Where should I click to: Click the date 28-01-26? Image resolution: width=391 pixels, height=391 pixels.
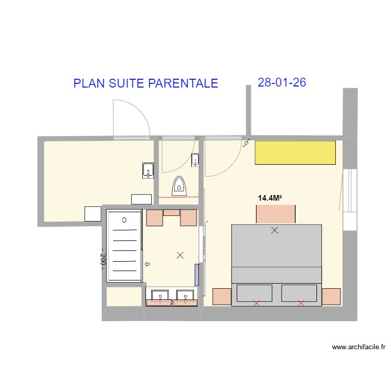(282, 82)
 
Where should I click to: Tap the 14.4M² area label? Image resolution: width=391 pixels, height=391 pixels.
(270, 198)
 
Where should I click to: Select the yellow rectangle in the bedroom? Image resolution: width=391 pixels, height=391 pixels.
(295, 153)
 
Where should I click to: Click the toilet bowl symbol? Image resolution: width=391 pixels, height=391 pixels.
(180, 186)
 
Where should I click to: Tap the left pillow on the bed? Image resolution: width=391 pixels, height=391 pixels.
(255, 293)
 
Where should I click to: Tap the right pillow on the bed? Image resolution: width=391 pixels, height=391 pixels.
(299, 293)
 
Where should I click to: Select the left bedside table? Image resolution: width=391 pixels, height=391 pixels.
(222, 296)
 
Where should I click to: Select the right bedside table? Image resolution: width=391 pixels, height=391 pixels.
(331, 296)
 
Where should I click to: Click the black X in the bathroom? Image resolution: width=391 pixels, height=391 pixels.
(180, 255)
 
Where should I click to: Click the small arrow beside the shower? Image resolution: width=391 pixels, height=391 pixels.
(147, 264)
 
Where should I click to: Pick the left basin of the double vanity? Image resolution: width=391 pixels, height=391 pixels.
(160, 296)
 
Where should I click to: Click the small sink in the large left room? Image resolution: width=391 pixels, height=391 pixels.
(148, 170)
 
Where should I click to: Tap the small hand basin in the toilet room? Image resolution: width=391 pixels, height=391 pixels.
(195, 159)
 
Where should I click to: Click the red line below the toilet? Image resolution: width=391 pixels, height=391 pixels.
(179, 197)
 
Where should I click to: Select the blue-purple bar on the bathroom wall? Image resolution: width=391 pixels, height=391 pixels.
(197, 275)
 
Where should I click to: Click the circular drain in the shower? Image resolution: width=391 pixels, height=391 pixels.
(124, 220)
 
